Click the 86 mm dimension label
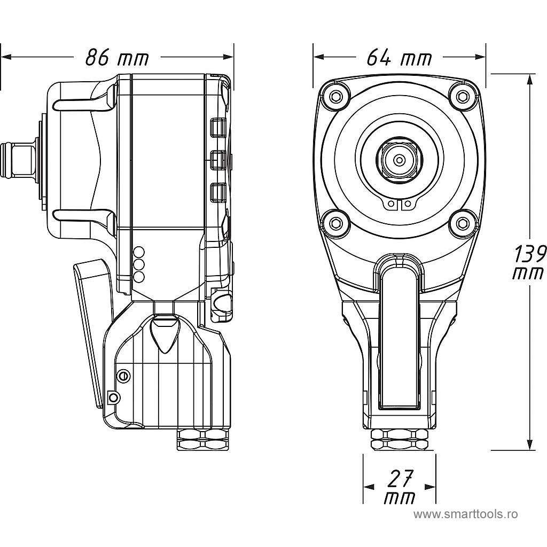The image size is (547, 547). coord(117,57)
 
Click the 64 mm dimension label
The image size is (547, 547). coord(399,57)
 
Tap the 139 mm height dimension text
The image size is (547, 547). coord(529,262)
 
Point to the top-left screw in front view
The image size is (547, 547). coord(336,96)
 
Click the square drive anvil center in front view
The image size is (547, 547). coord(398,159)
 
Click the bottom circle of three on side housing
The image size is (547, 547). coord(138,277)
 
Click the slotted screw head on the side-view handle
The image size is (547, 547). coord(123,376)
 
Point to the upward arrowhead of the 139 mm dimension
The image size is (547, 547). coord(529,79)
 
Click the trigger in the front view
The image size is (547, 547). coord(399,331)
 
